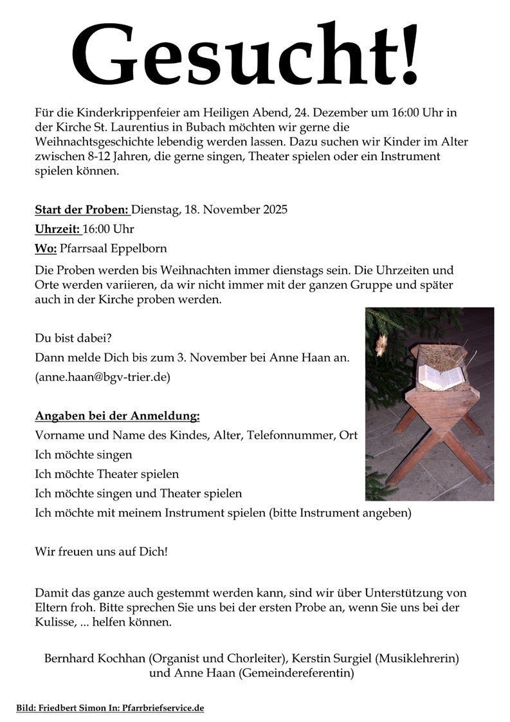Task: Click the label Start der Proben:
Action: click(82, 209)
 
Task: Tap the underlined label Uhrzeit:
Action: click(57, 229)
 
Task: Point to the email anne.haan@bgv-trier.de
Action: click(103, 377)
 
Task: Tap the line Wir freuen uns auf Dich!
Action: click(101, 552)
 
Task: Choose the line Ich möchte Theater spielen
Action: click(107, 474)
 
